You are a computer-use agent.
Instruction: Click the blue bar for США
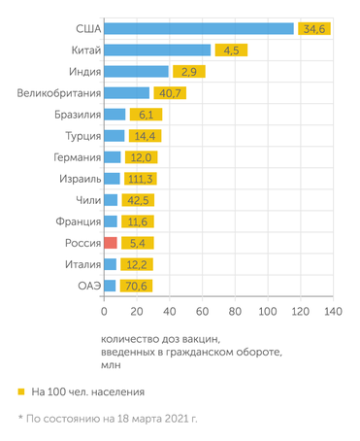pyautogui.click(x=198, y=28)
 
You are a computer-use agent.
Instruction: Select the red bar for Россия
pyautogui.click(x=111, y=242)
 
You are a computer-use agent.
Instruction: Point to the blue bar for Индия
pyautogui.click(x=136, y=71)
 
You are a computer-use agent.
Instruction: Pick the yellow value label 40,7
pyautogui.click(x=169, y=92)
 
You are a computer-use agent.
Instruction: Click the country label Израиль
pyautogui.click(x=71, y=179)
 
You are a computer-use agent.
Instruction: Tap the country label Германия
pyautogui.click(x=68, y=157)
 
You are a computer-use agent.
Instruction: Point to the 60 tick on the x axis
pyautogui.click(x=202, y=312)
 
